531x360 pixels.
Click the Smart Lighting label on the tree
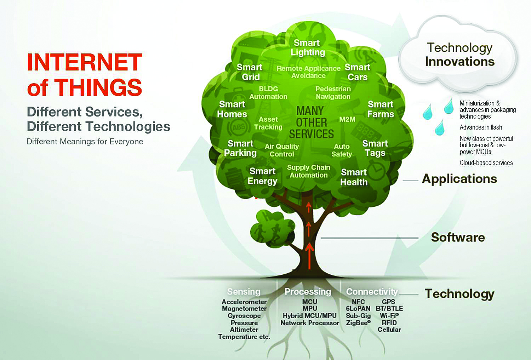pos(308,48)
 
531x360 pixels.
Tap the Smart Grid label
pos(250,72)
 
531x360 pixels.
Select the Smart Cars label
pos(357,72)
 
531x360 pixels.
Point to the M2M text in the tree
pos(347,119)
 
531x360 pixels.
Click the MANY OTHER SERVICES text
pos(311,122)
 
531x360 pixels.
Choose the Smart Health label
pos(354,177)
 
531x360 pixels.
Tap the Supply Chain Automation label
pos(309,171)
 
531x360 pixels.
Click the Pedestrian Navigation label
pos(333,93)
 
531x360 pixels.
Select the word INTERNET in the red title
pos(85,62)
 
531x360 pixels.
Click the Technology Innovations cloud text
pos(459,55)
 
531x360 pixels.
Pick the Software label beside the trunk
pos(458,237)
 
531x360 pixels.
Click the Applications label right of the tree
pos(459,179)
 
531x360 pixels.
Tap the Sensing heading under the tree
pos(244,292)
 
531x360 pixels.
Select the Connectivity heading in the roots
pos(372,292)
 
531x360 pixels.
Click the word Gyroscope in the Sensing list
pos(244,316)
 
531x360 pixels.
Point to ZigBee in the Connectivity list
pos(358,323)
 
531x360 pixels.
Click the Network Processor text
pos(310,323)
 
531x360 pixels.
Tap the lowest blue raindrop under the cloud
pos(440,128)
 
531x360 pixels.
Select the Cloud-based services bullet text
pos(486,163)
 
